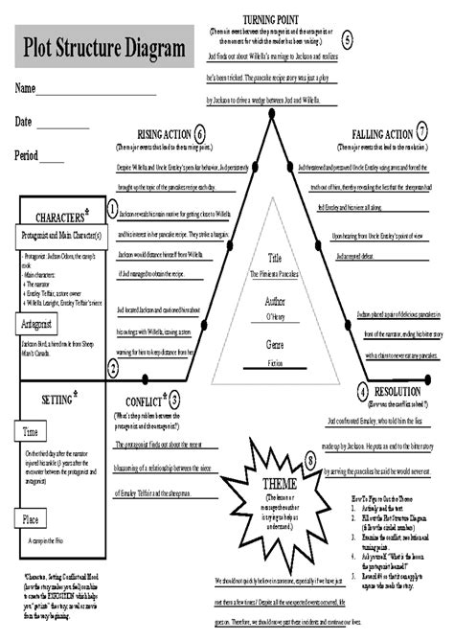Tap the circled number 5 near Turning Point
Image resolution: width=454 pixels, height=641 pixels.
[348, 38]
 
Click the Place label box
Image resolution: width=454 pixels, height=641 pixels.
[32, 519]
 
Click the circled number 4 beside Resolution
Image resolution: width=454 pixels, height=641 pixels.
[363, 392]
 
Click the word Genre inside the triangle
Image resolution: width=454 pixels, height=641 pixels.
[275, 343]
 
